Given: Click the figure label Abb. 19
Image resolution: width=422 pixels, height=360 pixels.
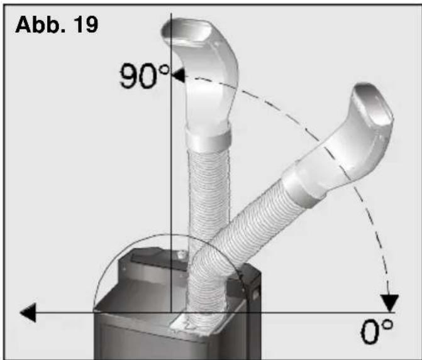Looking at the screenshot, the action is coord(57,25).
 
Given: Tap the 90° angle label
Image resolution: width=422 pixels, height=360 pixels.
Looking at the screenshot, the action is coord(145,77).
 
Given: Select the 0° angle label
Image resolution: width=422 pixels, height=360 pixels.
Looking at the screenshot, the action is coord(377,331).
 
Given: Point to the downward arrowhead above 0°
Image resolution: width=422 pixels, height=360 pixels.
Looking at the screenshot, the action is coord(389,303).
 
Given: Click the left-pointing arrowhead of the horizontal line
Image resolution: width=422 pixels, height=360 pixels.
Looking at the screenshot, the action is coord(28,312).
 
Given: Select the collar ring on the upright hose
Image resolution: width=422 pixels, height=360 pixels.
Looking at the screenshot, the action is coord(209,136).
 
